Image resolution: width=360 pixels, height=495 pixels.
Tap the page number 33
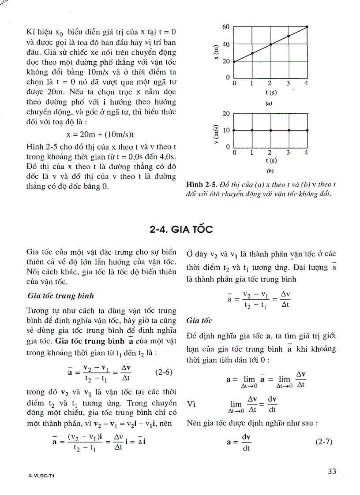332,471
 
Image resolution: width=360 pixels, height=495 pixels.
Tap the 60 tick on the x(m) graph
226,27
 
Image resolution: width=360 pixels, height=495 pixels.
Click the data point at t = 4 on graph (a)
307,27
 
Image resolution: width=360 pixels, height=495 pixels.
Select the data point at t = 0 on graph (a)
234,62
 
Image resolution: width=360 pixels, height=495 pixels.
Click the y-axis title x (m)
215,52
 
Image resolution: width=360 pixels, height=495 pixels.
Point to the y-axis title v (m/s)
215,130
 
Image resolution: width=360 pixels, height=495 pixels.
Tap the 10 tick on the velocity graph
227,130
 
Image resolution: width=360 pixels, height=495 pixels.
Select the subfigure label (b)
270,170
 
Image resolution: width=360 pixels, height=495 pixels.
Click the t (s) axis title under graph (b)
271,160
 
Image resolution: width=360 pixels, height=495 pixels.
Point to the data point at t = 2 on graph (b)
270,130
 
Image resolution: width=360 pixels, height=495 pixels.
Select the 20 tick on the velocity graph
227,114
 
